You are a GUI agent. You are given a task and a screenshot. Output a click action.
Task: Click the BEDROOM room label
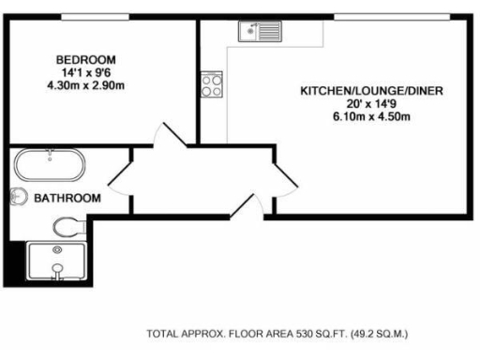pyautogui.click(x=84, y=57)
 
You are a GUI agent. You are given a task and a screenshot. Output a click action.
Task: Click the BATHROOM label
pyautogui.click(x=67, y=198)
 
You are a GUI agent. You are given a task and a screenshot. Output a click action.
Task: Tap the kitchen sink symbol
pyautogui.click(x=259, y=33)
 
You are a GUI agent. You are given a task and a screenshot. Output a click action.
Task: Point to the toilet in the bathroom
pyautogui.click(x=68, y=226)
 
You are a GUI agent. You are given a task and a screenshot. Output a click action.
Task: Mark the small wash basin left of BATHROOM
pyautogui.click(x=19, y=197)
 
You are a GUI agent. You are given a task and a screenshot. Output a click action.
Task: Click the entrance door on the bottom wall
pyautogui.click(x=247, y=204)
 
